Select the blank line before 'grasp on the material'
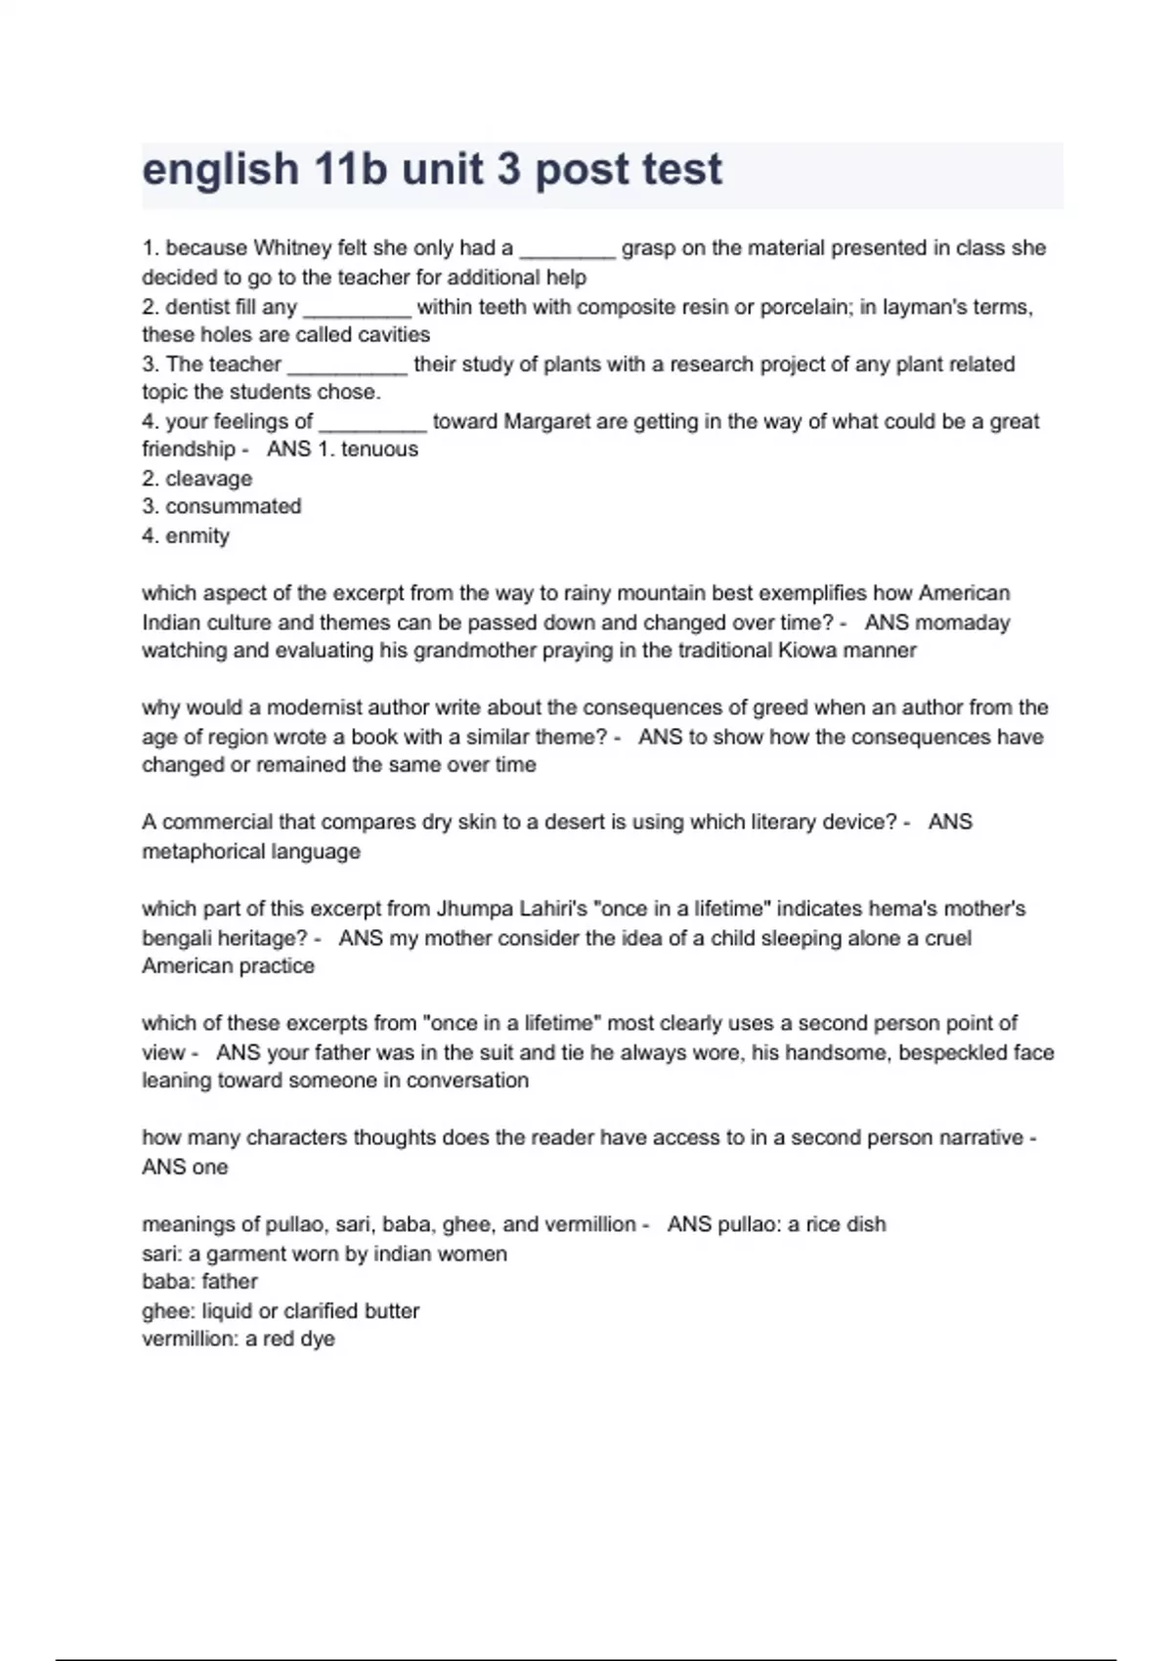[x=567, y=250]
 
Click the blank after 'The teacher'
[x=347, y=366]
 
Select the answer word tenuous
[x=379, y=449]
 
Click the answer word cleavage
[x=208, y=479]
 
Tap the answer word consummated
[x=233, y=506]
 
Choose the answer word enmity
[x=197, y=535]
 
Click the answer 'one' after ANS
[x=210, y=1168]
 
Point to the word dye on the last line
[x=318, y=1340]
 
